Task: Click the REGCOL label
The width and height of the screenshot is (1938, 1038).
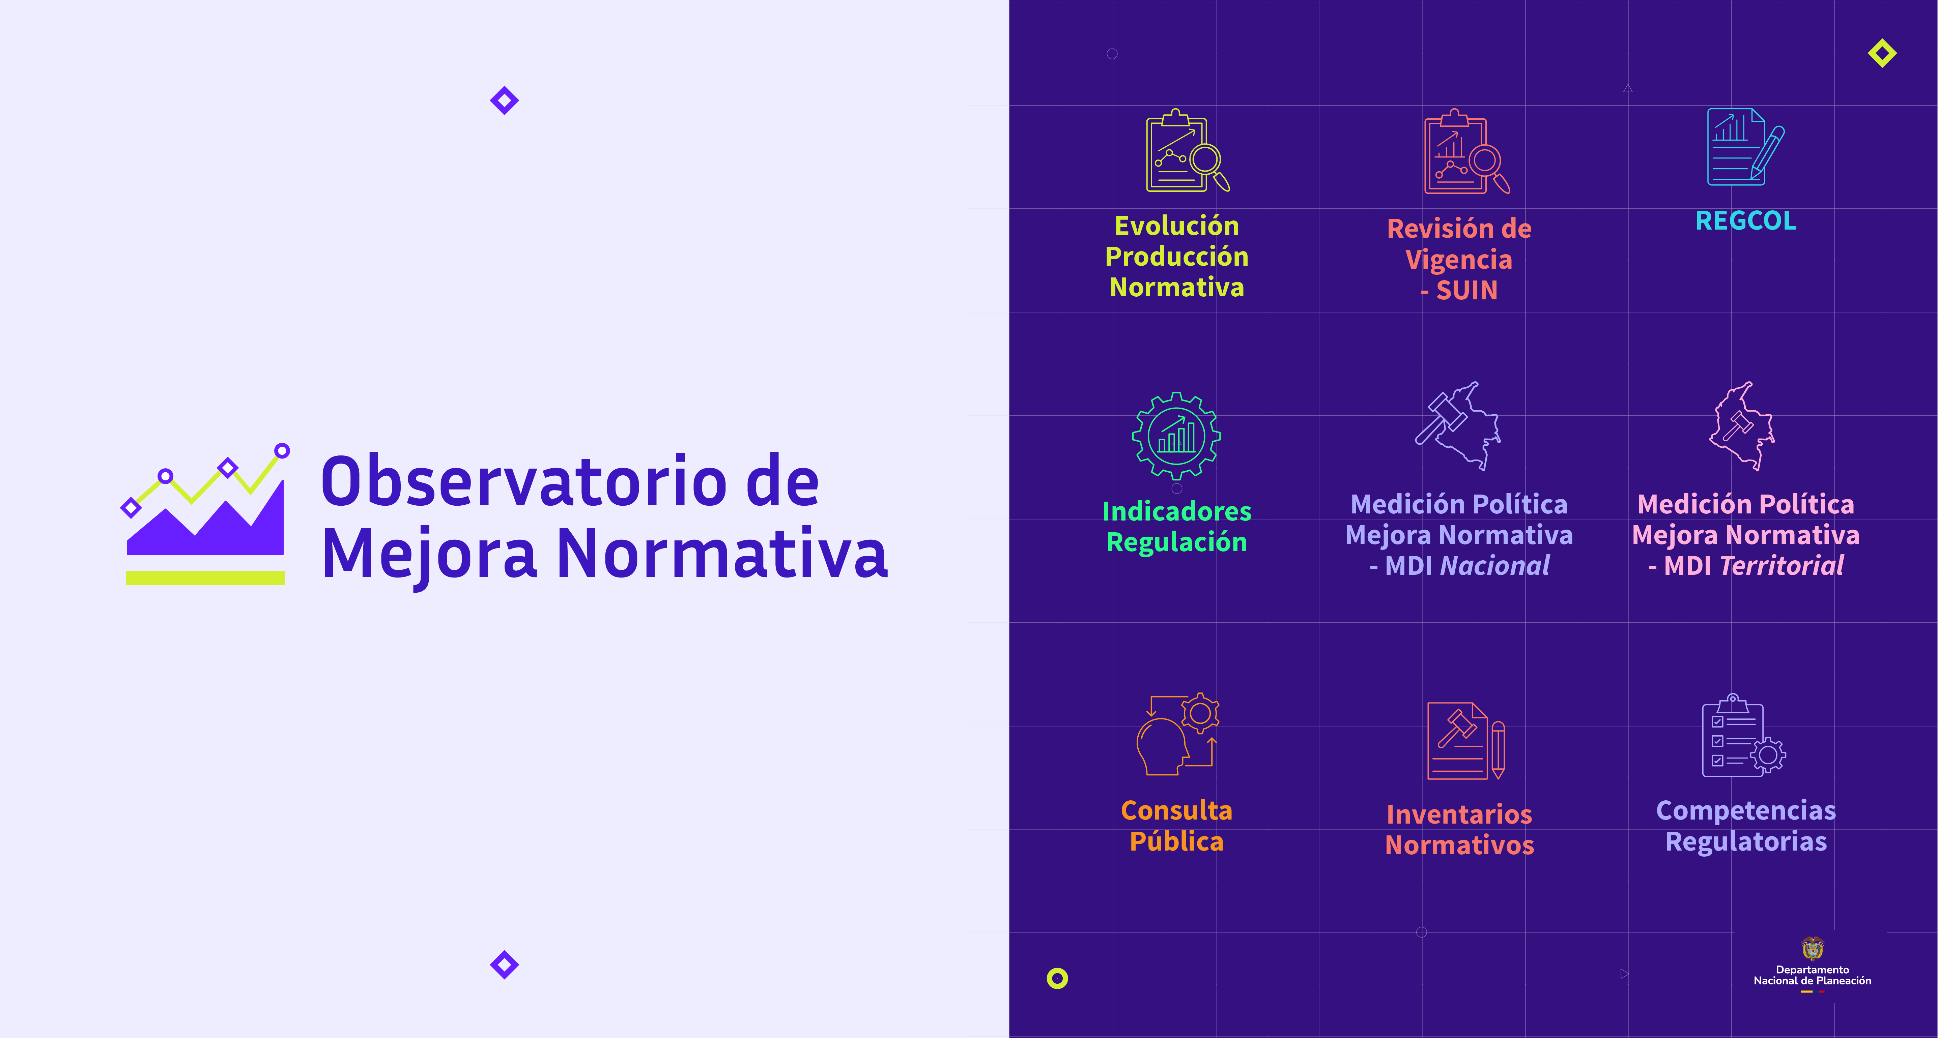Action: pyautogui.click(x=1745, y=220)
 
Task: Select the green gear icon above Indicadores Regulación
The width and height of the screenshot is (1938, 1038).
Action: pyautogui.click(x=1177, y=436)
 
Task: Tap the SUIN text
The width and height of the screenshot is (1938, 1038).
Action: pyautogui.click(x=1467, y=290)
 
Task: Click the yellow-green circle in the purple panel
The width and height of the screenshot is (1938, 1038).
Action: pyautogui.click(x=1057, y=978)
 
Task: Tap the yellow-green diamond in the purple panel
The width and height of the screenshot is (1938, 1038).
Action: pyautogui.click(x=1882, y=53)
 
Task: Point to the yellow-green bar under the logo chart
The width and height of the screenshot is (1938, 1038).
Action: pyautogui.click(x=205, y=578)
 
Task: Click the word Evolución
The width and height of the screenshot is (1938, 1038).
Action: pyautogui.click(x=1177, y=226)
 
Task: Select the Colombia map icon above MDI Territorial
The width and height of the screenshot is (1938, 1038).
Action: pyautogui.click(x=1742, y=426)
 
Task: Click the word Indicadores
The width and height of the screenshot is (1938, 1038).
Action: pyautogui.click(x=1177, y=511)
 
